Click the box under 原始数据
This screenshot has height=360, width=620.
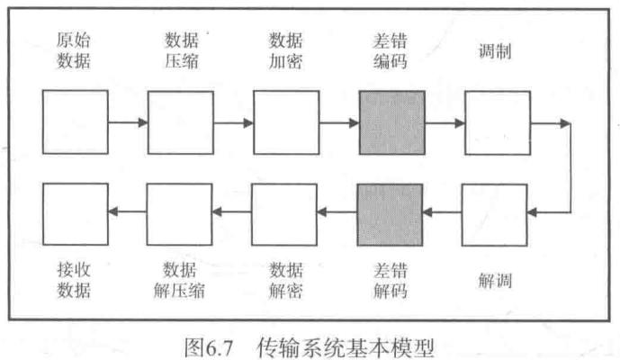click(x=76, y=122)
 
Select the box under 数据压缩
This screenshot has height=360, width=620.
click(x=180, y=122)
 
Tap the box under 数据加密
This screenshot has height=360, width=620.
click(x=285, y=122)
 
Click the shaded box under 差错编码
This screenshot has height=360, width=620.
click(x=391, y=122)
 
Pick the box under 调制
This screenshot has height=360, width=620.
click(x=496, y=122)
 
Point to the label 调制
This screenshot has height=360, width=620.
click(x=496, y=52)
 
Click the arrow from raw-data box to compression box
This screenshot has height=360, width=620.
click(x=128, y=122)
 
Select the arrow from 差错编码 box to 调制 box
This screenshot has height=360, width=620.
click(x=444, y=122)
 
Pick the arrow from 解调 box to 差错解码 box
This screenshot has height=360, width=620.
click(x=444, y=213)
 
